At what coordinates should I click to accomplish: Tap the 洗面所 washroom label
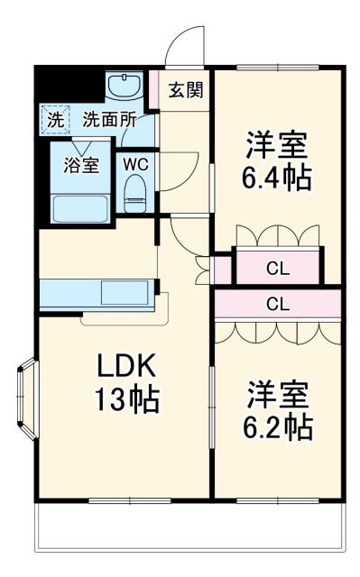click(110, 118)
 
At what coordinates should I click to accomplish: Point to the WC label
click(135, 164)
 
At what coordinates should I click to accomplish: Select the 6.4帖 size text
click(277, 177)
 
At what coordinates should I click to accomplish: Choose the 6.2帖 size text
click(277, 426)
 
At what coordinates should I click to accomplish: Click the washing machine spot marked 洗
click(55, 118)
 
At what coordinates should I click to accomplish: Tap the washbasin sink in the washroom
click(122, 87)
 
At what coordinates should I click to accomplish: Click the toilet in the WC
click(135, 191)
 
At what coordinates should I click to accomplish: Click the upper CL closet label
click(278, 267)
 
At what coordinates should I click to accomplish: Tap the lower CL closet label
click(278, 304)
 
